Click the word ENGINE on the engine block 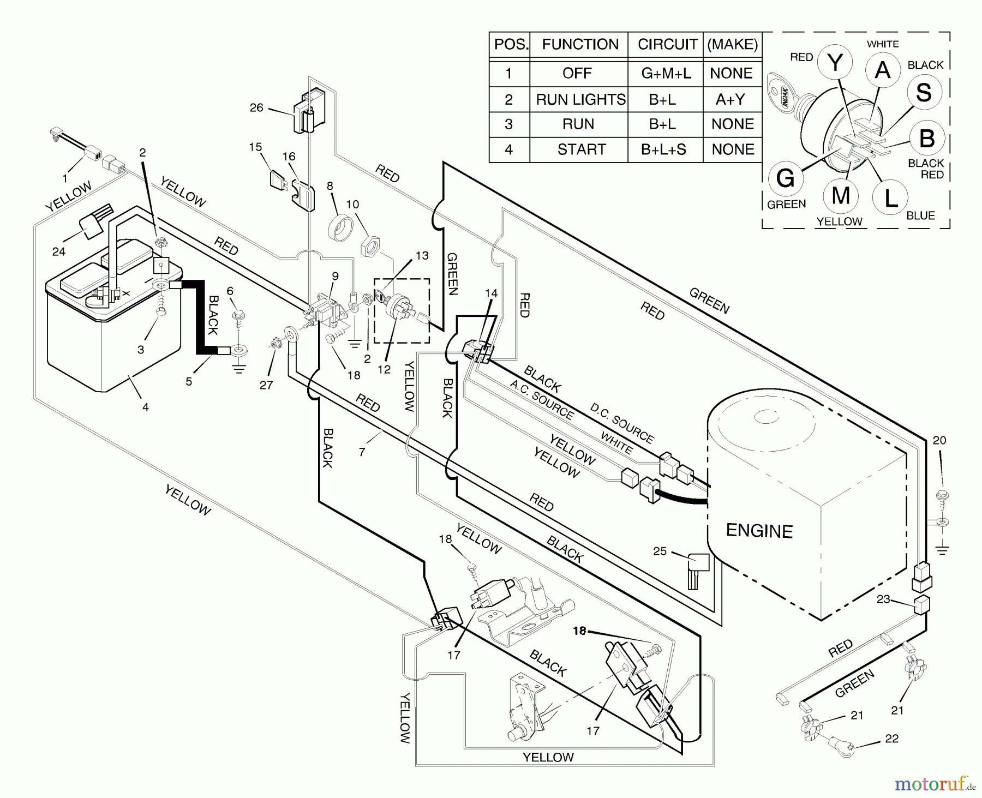(x=759, y=531)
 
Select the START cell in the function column (x=581, y=149)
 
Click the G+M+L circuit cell (x=666, y=73)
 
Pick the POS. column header (x=511, y=45)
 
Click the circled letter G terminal (x=785, y=178)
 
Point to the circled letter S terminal (x=924, y=92)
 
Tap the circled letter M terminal (x=841, y=195)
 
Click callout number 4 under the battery (x=145, y=407)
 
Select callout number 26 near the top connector (x=256, y=107)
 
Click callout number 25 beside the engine (x=660, y=551)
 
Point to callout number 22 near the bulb (x=891, y=739)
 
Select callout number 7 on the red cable (x=362, y=452)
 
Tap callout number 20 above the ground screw (x=939, y=440)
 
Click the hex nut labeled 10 (x=369, y=246)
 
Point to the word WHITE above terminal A (x=882, y=44)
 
